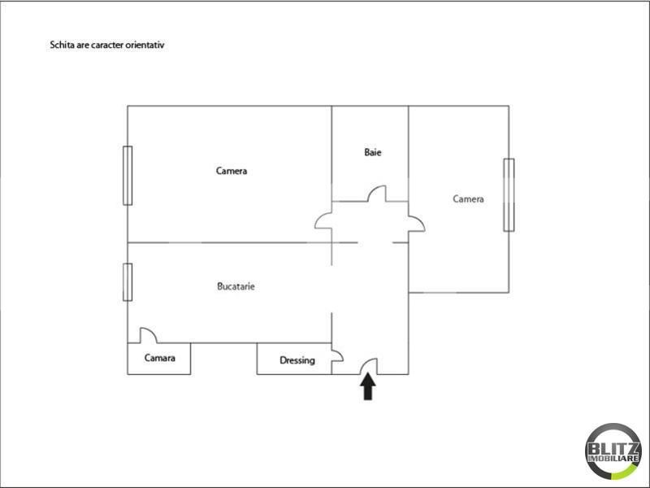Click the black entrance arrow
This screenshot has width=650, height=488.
pos(368,387)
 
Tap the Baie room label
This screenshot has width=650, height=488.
pos(373,152)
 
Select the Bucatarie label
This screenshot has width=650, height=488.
pos(236,286)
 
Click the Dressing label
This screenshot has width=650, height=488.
pos(297,360)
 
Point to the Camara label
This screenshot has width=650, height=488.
pos(160,359)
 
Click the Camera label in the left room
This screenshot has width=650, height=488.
pos(232,171)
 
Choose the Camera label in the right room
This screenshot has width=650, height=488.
pos(469,198)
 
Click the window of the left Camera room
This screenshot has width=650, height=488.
pos(128,175)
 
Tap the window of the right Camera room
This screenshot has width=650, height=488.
pos(509,194)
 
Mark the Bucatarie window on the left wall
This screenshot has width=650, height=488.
pos(128,281)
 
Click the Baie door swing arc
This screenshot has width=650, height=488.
pos(377,194)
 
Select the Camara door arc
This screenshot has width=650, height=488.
pos(148,335)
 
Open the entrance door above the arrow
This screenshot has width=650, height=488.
pos(369,368)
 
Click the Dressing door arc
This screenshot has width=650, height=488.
pos(337,357)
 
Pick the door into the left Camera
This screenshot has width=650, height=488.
pos(324,222)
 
